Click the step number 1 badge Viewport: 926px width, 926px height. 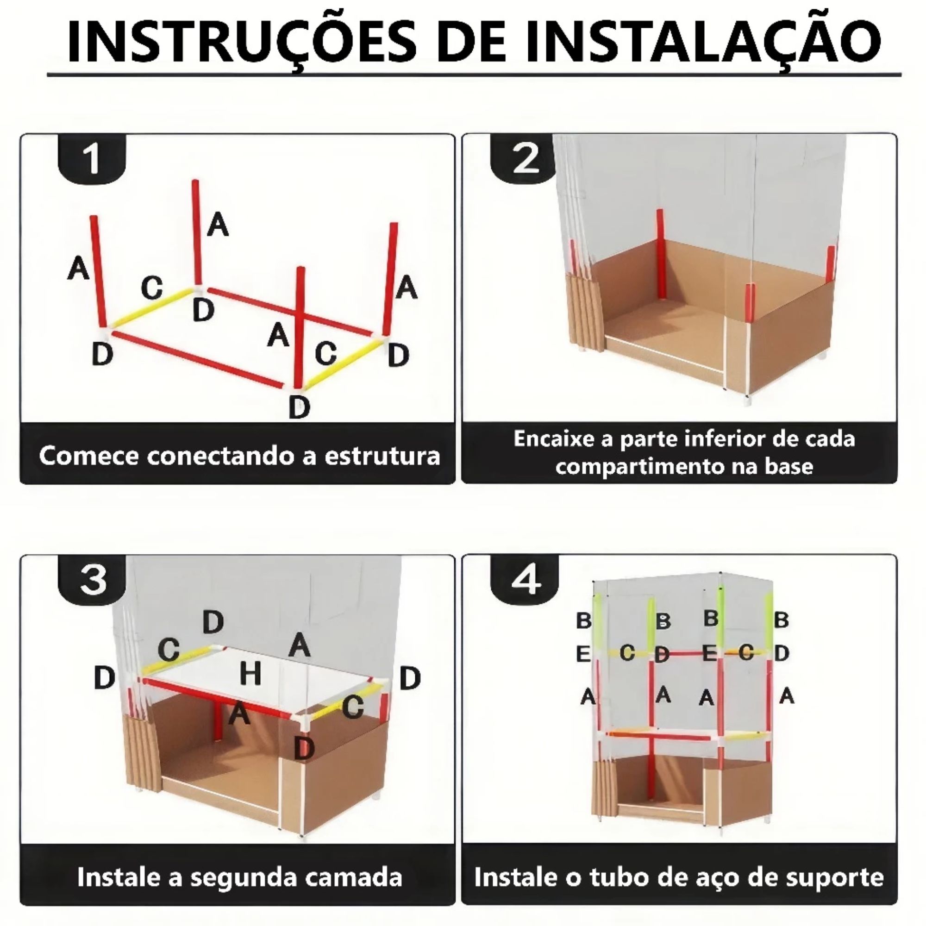pos(92,158)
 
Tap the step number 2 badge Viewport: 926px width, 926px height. pos(526,158)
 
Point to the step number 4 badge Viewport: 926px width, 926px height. pos(526,580)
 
